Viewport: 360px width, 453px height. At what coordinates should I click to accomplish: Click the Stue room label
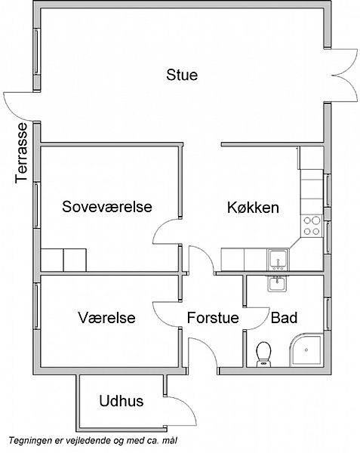[182, 75]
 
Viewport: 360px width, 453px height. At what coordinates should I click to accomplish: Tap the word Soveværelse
[107, 207]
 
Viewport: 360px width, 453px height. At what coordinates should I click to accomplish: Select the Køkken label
[253, 208]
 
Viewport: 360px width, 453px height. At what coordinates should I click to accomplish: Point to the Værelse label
[106, 317]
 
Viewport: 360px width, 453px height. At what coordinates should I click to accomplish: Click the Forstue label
[213, 318]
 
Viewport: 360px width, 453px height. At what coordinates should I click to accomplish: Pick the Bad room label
[284, 318]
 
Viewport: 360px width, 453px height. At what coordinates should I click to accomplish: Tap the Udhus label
[122, 401]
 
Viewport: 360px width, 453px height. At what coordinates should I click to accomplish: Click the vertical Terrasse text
[21, 153]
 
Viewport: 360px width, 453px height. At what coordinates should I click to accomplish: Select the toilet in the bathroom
[263, 354]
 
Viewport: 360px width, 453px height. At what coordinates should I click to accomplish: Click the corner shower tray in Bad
[306, 350]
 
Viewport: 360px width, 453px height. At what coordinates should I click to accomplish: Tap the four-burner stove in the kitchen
[312, 226]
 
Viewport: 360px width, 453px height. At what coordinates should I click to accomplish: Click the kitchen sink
[278, 260]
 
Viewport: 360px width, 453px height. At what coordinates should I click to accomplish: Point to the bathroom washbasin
[277, 284]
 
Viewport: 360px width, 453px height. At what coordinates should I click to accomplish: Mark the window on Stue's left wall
[36, 51]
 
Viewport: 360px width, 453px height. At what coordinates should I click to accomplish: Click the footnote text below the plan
[93, 441]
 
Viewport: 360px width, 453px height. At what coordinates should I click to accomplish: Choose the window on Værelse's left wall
[36, 307]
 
